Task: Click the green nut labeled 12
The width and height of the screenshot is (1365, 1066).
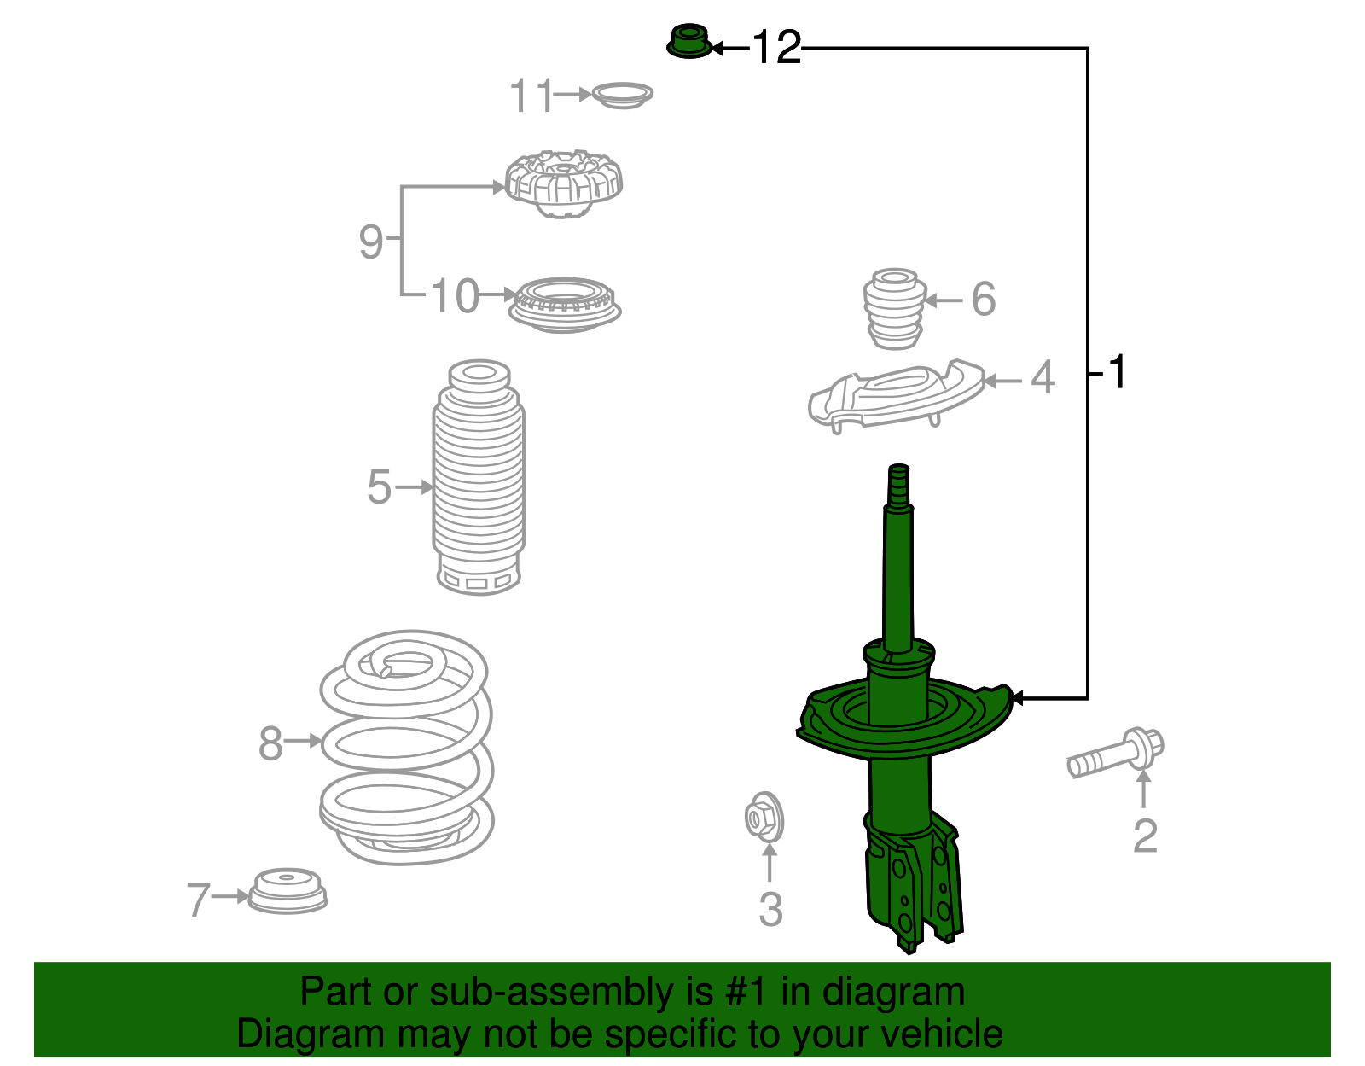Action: (x=688, y=43)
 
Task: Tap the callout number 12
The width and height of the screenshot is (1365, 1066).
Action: (x=776, y=48)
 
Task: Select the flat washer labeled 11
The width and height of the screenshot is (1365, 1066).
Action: (x=622, y=95)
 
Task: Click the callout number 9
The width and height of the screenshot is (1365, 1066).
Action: (x=371, y=242)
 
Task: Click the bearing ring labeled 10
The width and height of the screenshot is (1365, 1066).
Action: (x=563, y=305)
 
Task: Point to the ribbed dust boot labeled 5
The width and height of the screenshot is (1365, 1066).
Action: (x=479, y=478)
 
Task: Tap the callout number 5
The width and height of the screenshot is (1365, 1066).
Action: (x=379, y=487)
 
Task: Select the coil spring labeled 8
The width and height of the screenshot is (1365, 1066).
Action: (x=407, y=747)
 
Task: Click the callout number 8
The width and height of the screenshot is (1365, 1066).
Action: (x=270, y=743)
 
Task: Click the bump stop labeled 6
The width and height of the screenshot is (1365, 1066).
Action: (x=895, y=308)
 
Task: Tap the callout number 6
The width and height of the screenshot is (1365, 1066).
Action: (x=983, y=300)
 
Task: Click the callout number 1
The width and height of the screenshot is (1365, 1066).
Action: (x=1116, y=373)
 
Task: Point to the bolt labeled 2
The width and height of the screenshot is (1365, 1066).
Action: (x=1114, y=754)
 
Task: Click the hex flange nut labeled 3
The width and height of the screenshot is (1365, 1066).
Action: (x=763, y=818)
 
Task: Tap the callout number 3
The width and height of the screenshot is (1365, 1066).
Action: (x=770, y=909)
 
